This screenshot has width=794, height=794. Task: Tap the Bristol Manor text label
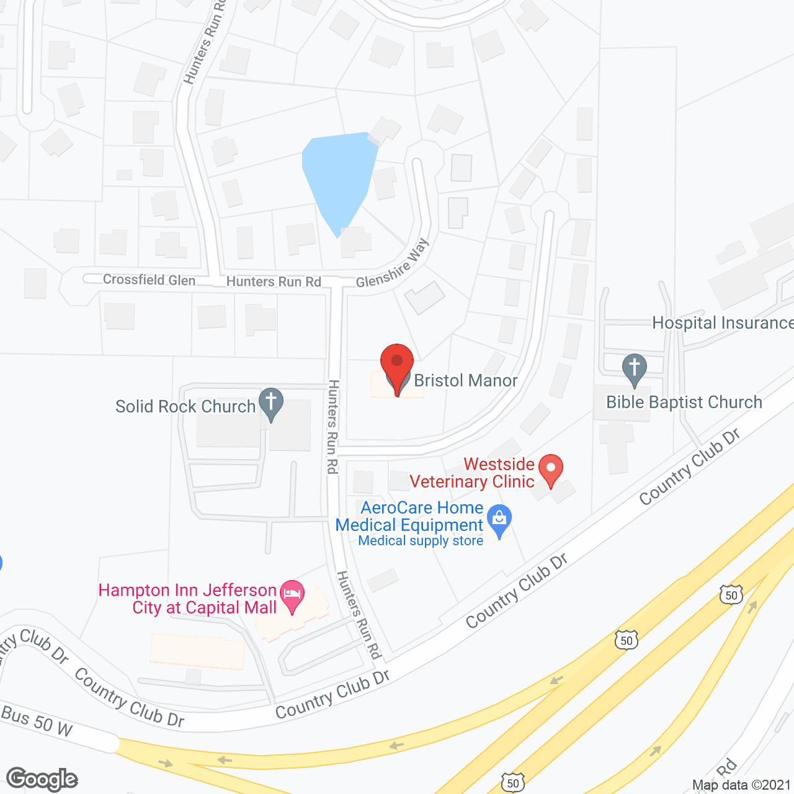click(465, 380)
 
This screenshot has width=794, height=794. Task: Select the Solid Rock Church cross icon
click(270, 403)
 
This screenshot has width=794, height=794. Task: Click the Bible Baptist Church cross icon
click(634, 368)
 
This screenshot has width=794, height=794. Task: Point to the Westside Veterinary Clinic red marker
click(550, 470)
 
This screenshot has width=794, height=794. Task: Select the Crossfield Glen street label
click(149, 280)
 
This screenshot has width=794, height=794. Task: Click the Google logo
click(42, 779)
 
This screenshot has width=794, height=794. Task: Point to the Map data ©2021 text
click(741, 785)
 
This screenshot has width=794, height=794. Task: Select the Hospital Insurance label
click(723, 323)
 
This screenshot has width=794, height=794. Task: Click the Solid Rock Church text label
click(185, 406)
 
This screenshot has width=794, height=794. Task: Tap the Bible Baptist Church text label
click(684, 402)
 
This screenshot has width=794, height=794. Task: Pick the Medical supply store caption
click(421, 541)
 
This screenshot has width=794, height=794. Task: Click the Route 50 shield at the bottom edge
click(513, 783)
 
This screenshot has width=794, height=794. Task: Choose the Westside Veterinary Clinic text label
click(471, 473)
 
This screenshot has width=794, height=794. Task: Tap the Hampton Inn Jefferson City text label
click(187, 599)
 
